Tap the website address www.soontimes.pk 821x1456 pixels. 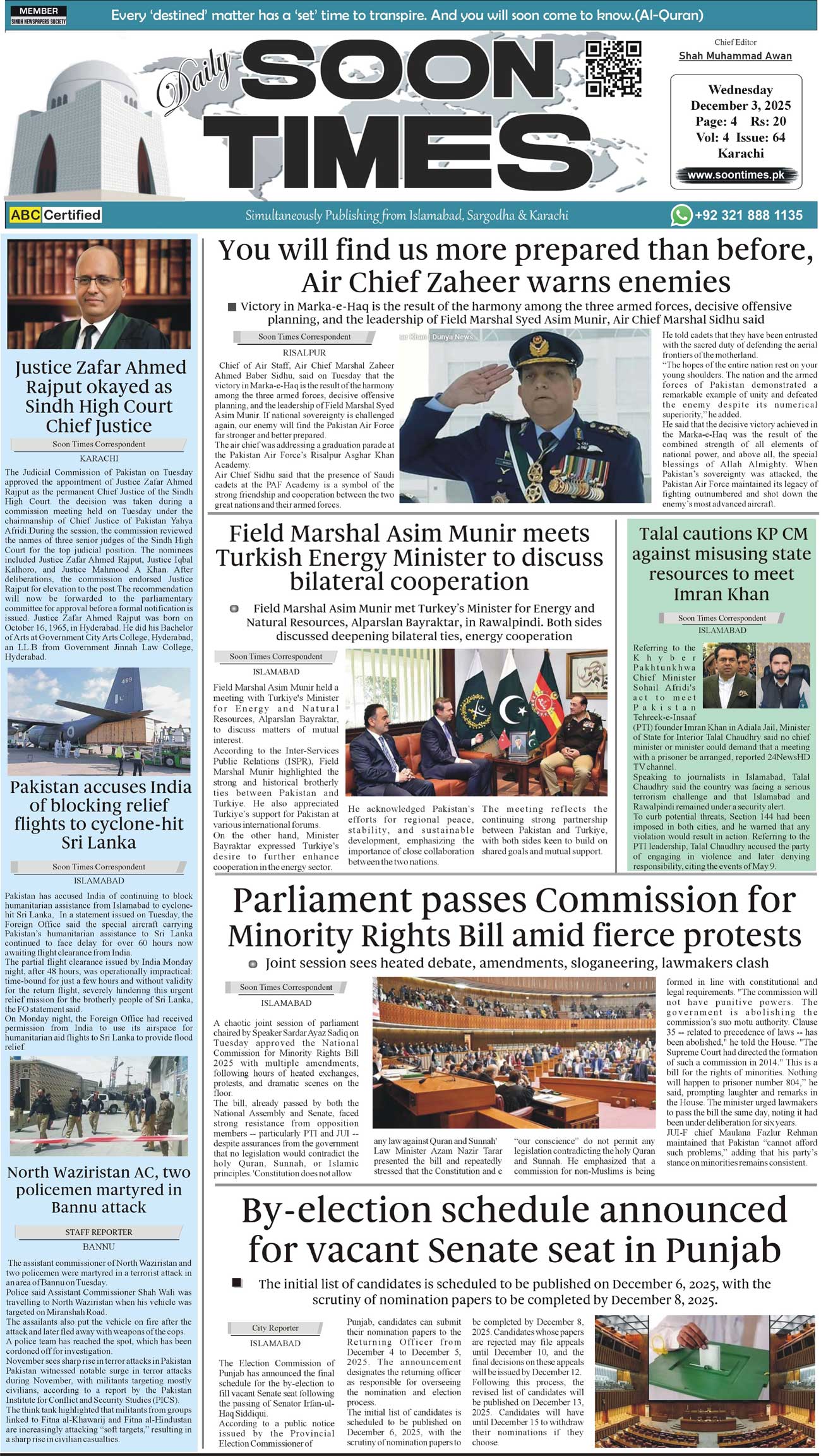[736, 176]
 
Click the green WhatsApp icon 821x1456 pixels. [681, 215]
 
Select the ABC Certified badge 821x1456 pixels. [56, 215]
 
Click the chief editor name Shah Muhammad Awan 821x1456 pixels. [735, 56]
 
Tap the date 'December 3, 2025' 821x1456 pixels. [740, 105]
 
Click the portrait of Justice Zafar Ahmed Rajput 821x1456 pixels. [99, 294]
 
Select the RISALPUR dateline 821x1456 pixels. [304, 352]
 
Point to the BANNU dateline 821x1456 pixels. [99, 1247]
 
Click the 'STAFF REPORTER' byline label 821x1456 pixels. [99, 1232]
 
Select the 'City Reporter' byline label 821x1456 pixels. [275, 1328]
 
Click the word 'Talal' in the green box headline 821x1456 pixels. [665, 534]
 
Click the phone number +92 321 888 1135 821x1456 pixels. [748, 215]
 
